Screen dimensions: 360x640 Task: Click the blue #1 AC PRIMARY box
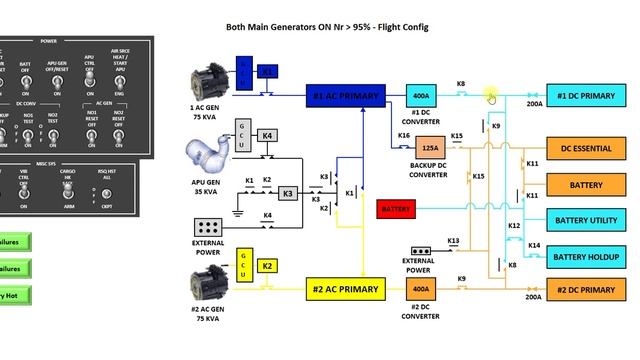pos(345,96)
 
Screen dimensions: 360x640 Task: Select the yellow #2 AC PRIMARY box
pos(345,289)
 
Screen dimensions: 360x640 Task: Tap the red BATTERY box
pos(396,209)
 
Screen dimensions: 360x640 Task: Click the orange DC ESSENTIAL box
pos(585,148)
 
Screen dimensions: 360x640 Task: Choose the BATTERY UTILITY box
pos(585,220)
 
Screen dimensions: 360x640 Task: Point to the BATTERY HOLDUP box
pos(585,255)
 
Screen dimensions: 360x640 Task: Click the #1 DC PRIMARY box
pos(585,96)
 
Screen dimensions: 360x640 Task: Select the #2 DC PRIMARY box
pos(585,290)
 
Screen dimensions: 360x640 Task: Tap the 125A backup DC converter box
pos(427,148)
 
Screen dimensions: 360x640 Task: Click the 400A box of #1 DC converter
pos(420,96)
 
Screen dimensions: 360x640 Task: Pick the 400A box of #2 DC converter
pos(420,289)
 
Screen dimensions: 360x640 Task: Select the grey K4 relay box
pos(267,135)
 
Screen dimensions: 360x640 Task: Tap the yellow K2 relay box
pos(267,266)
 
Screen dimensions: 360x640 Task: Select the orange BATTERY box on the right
pos(585,185)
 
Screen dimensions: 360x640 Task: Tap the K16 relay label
pos(404,135)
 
